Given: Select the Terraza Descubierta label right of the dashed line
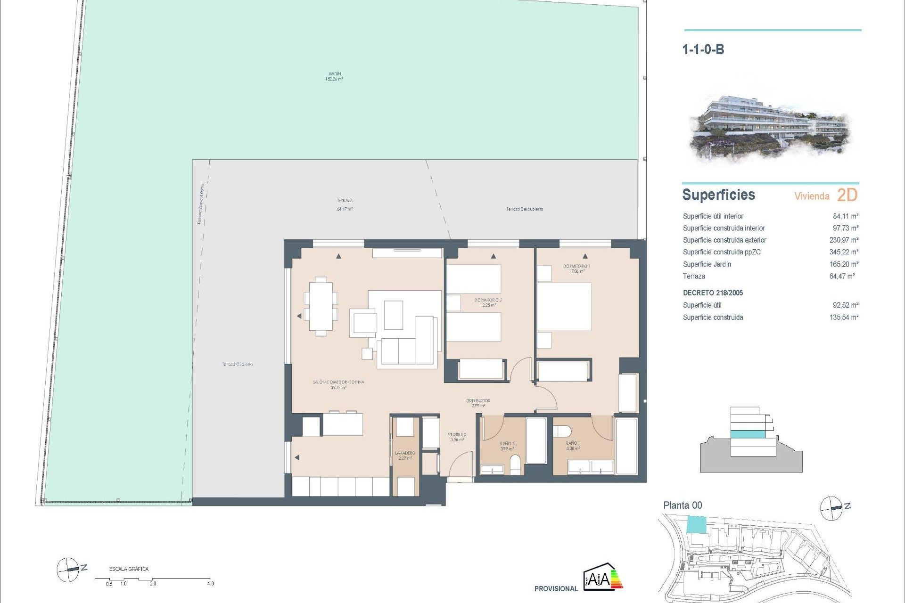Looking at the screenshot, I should tap(525, 209).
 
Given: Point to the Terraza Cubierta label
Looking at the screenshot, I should tap(237, 364).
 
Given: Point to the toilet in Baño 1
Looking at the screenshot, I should tap(562, 431).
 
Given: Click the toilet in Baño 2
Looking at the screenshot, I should tap(516, 464).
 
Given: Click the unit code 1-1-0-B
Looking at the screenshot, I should tap(703, 49).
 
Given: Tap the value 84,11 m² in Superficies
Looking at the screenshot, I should tap(845, 216).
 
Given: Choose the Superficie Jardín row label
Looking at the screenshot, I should tap(707, 264).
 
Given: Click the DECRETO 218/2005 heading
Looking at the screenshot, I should tap(713, 293).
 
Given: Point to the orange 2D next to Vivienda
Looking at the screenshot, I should tap(847, 195).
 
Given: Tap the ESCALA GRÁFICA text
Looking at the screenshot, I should tap(129, 569).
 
